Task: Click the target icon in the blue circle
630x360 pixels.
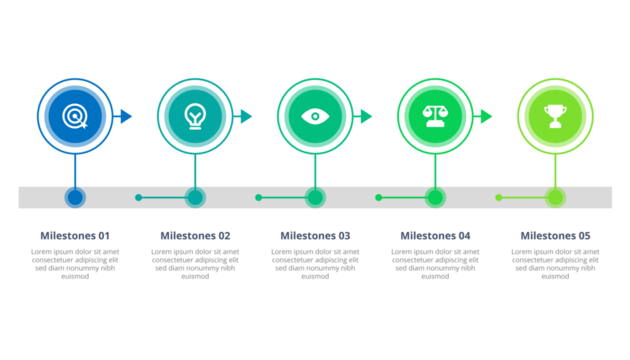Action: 75,116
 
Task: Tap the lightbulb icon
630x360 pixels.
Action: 195,116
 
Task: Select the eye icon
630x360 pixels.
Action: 315,116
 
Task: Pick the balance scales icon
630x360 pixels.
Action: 435,116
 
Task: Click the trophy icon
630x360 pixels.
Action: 555,116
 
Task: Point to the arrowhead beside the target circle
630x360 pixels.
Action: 126,116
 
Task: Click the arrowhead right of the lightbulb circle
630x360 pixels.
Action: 246,116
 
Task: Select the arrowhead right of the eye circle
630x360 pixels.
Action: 366,116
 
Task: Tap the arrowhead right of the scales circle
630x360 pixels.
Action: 486,116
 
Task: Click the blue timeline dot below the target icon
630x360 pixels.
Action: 75,197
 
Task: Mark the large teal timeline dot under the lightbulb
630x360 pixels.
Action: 195,197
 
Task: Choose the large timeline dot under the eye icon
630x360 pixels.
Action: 315,197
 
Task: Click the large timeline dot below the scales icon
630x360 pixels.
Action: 435,197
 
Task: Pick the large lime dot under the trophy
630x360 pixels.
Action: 555,197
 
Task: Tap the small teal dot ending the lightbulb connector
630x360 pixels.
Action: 139,197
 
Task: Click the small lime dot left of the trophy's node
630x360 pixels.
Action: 499,197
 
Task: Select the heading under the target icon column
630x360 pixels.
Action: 75,235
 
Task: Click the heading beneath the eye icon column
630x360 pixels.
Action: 315,235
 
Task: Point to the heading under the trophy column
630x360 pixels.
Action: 555,235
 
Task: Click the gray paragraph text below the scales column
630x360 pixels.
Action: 435,262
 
